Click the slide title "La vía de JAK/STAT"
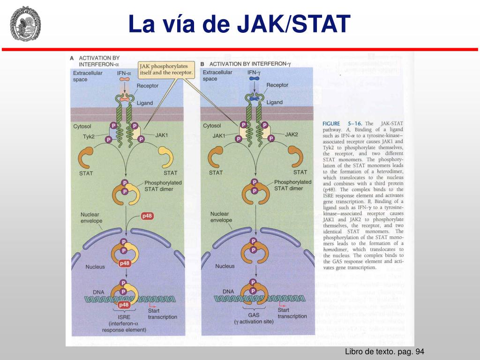[240, 24]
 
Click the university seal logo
[25, 23]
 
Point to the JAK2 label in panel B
[292, 135]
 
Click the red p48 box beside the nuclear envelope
[147, 216]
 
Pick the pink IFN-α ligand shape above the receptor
[124, 79]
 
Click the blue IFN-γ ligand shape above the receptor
[254, 79]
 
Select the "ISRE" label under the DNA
[124, 317]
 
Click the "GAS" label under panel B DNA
[254, 315]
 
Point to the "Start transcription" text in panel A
[162, 314]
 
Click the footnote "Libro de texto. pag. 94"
[384, 352]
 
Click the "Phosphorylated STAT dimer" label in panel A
[163, 185]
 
